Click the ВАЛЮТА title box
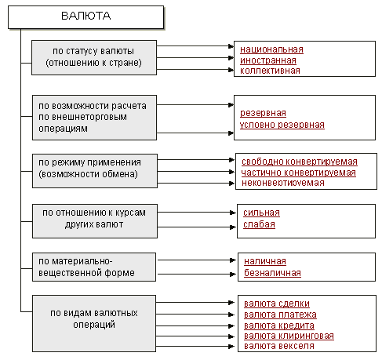(x=85, y=17)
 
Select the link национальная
(x=271, y=49)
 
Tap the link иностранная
(x=268, y=60)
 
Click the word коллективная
(x=270, y=71)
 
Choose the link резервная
(x=263, y=113)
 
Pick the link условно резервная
(x=282, y=125)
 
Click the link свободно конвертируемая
(x=300, y=162)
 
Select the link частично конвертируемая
(x=298, y=173)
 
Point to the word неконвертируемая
(x=283, y=183)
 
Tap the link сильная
(x=261, y=213)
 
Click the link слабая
(x=259, y=224)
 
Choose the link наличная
(x=265, y=261)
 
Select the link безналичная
(x=272, y=273)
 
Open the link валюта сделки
(x=277, y=304)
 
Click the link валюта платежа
(x=280, y=315)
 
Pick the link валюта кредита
(x=279, y=325)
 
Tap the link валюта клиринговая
(x=289, y=336)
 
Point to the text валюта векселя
(x=279, y=346)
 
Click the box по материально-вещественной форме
(x=94, y=267)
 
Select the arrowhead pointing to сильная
(x=233, y=213)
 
